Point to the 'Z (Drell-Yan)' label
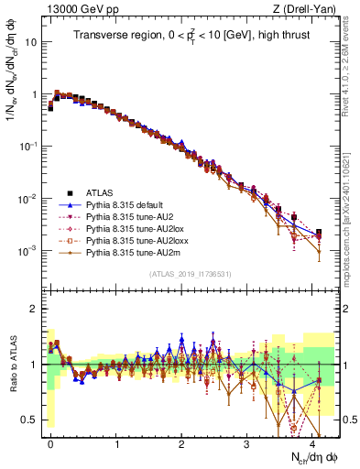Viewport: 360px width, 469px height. coord(309,8)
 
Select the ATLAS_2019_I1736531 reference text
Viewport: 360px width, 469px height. coord(191,274)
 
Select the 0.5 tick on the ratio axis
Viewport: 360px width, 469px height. coord(32,420)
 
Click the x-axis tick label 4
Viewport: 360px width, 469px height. coord(312,442)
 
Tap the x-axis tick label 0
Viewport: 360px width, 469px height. coord(50,442)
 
